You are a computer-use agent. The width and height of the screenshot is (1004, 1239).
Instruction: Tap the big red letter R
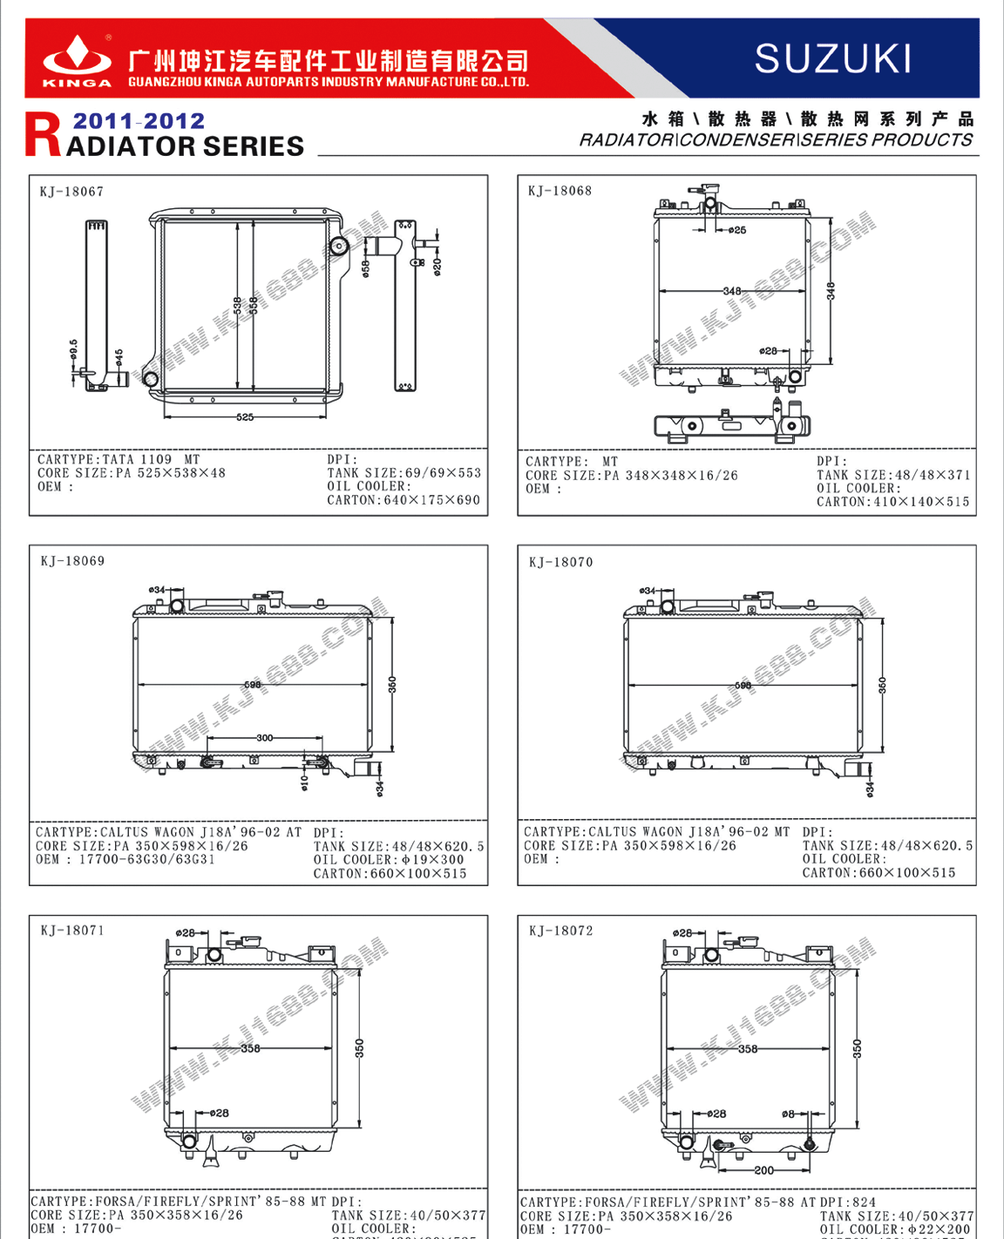[x=44, y=135]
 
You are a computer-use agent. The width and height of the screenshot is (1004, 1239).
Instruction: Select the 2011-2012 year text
[x=139, y=121]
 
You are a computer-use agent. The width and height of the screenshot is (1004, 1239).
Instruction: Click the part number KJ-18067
[x=71, y=192]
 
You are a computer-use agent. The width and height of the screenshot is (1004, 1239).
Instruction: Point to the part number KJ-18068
[x=560, y=191]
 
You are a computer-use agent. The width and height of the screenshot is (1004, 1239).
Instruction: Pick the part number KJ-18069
[x=72, y=561]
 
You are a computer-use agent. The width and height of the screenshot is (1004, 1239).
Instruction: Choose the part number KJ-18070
[x=560, y=562]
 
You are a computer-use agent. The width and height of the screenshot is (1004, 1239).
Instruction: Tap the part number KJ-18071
[x=72, y=931]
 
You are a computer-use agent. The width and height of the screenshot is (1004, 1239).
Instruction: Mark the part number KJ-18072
[x=560, y=931]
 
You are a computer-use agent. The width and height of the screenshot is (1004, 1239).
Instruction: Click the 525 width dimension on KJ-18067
[x=245, y=417]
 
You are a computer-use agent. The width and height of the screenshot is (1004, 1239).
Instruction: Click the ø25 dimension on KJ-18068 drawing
[x=737, y=230]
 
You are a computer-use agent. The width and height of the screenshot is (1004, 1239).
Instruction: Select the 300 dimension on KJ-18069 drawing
[x=264, y=738]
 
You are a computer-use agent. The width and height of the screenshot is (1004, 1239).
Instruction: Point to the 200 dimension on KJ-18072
[x=763, y=1170]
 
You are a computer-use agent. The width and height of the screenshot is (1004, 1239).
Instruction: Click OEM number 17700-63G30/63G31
[x=146, y=860]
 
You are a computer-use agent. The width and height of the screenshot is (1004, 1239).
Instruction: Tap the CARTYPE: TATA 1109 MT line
[x=119, y=459]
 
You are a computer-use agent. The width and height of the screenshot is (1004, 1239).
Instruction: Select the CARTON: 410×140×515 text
[x=892, y=502]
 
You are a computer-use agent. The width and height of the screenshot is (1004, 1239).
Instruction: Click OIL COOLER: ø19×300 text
[x=389, y=860]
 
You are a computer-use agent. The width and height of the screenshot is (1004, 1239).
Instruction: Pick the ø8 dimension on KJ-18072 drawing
[x=788, y=1114]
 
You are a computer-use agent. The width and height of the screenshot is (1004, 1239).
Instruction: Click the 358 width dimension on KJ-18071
[x=250, y=1048]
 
